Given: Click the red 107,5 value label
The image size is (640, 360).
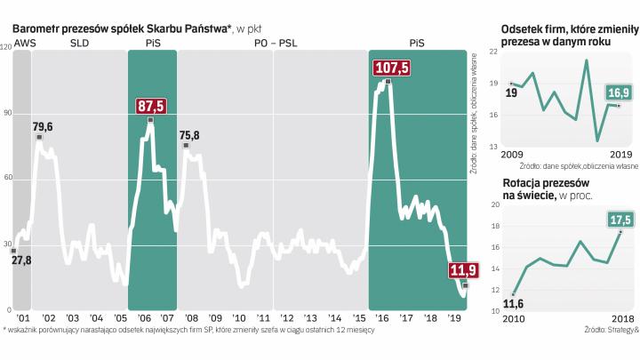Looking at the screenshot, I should click(392, 68).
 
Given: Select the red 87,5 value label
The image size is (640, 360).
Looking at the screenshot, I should click(151, 106).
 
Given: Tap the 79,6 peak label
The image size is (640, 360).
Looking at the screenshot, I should click(42, 126).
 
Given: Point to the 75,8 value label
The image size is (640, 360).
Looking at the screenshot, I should click(189, 135).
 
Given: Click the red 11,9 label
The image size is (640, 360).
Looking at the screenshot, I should click(461, 271).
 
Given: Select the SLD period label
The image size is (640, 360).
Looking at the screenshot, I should click(79, 42).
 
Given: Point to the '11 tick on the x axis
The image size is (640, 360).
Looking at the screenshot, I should click(263, 317).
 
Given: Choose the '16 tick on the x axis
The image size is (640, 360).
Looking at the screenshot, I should click(383, 317).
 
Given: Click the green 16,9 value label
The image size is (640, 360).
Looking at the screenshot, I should click(618, 92).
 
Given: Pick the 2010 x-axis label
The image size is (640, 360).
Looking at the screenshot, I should click(513, 319).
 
